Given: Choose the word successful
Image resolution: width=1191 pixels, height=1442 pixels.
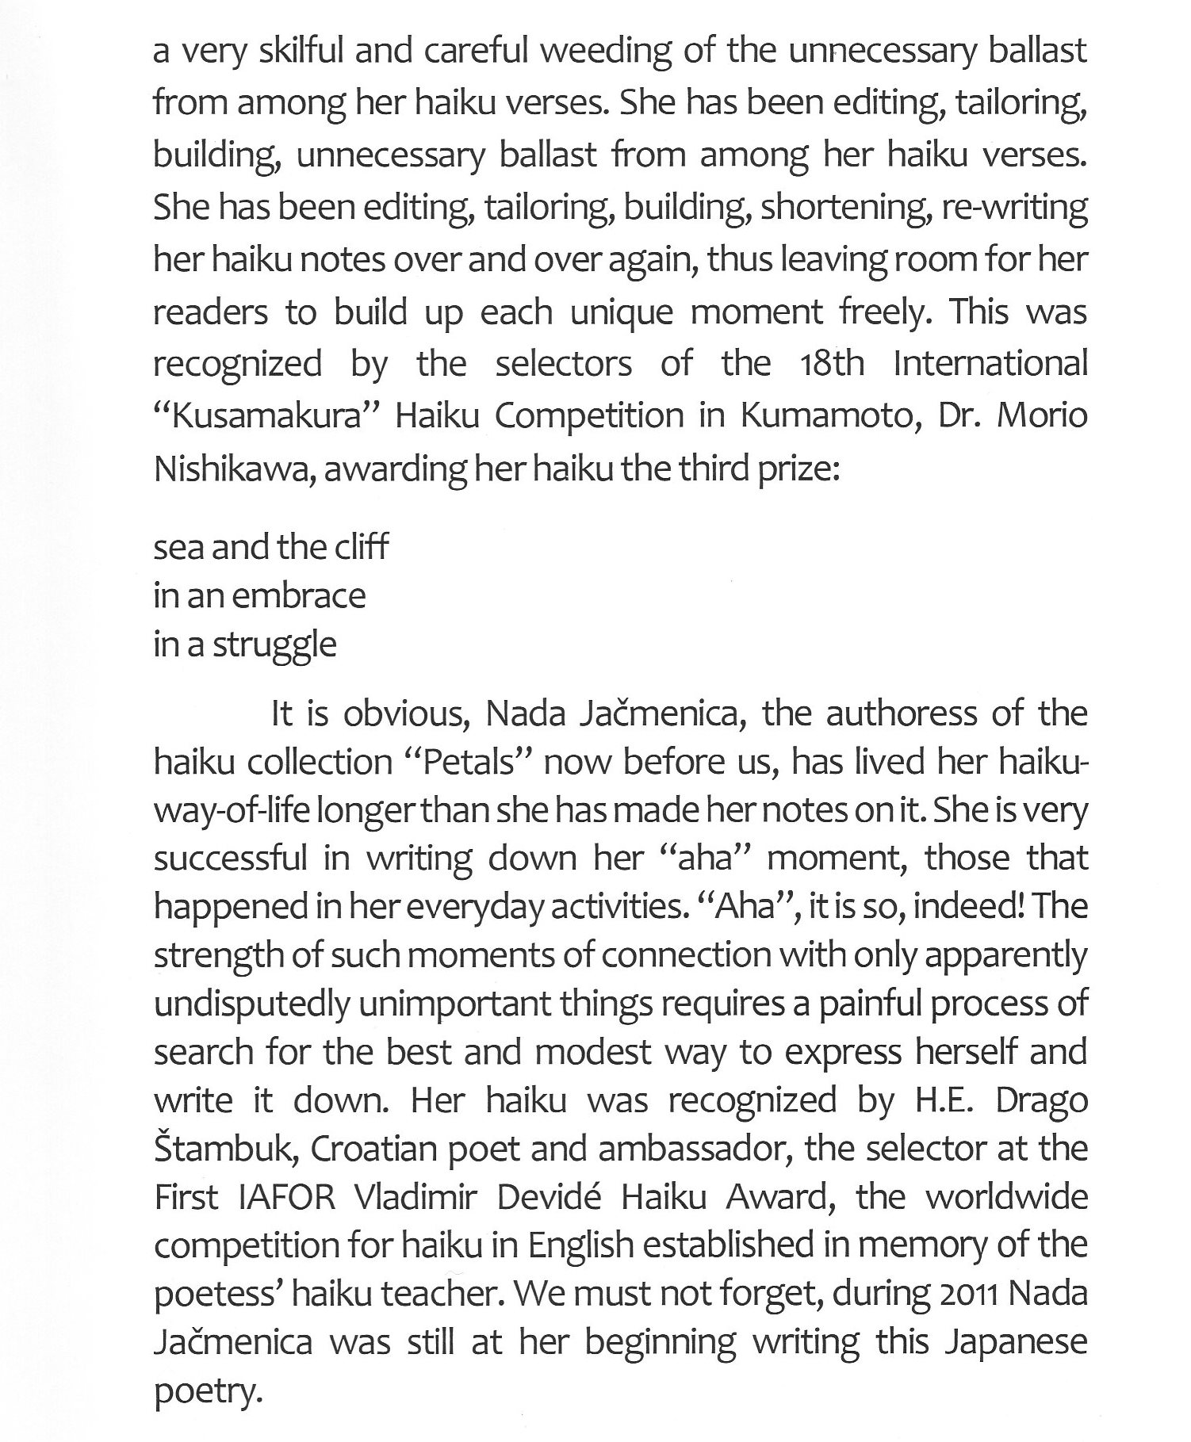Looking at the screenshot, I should pos(230,859).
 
